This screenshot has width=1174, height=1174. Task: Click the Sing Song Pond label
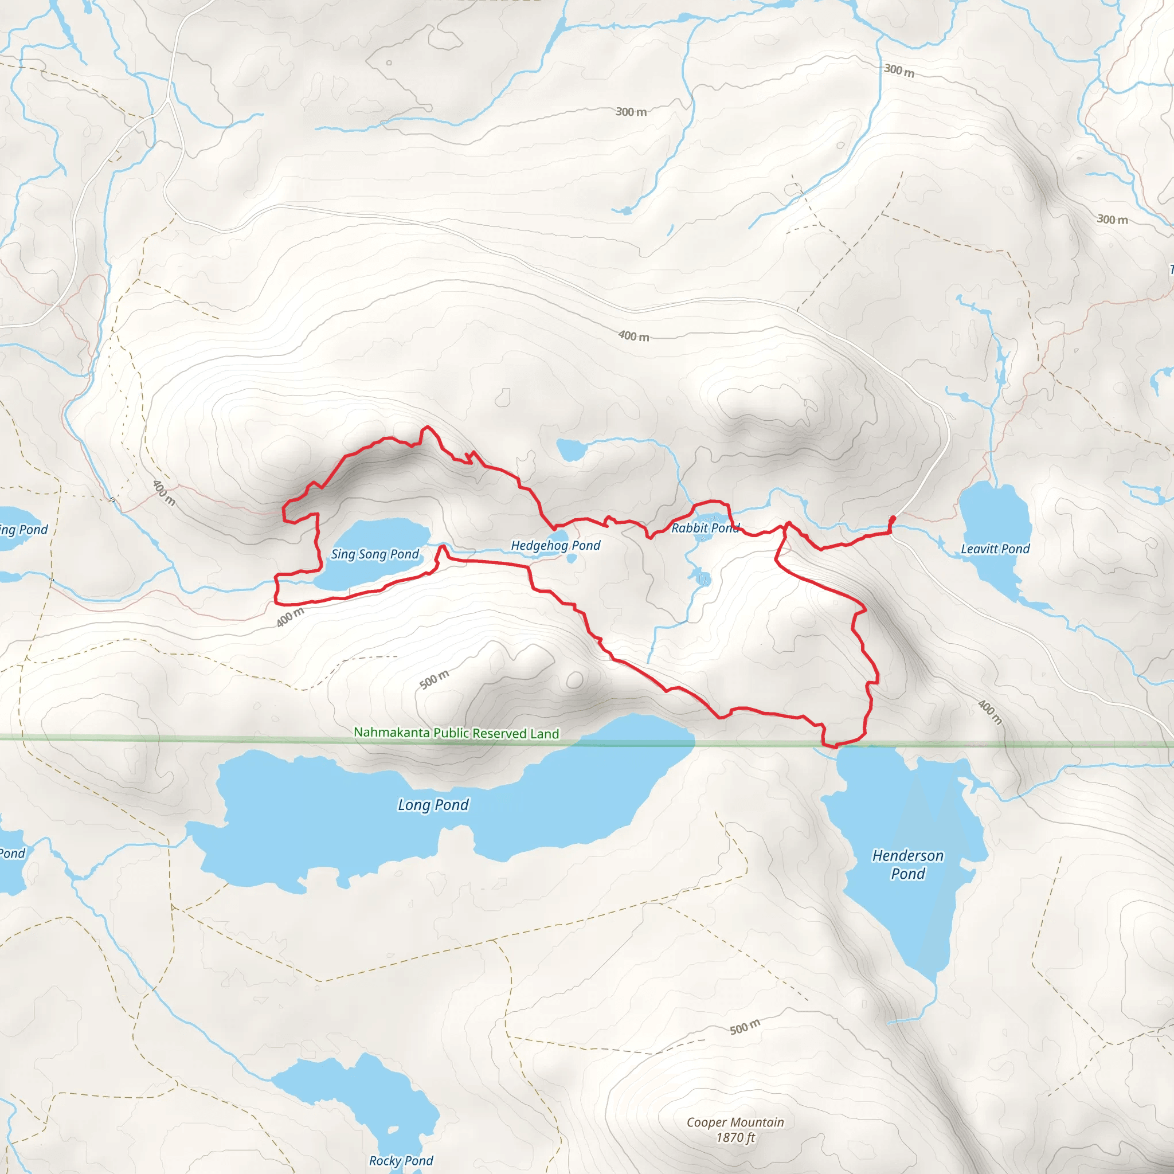(x=374, y=554)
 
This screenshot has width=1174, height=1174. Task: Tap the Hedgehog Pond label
(x=555, y=546)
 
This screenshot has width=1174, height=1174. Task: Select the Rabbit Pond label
(x=705, y=528)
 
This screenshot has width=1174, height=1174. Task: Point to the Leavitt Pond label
(x=995, y=549)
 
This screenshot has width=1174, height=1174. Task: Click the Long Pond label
(x=433, y=805)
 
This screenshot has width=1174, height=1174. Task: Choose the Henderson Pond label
(x=908, y=864)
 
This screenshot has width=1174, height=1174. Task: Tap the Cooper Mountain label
(x=735, y=1122)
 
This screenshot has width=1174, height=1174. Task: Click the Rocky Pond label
(x=401, y=1161)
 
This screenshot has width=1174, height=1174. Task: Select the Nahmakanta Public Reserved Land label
(x=456, y=733)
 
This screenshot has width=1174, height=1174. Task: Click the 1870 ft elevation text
(x=735, y=1137)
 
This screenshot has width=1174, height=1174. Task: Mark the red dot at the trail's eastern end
(x=893, y=518)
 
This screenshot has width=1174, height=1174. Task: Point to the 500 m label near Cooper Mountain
(x=745, y=1027)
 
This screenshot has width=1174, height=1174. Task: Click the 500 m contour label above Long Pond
(x=435, y=679)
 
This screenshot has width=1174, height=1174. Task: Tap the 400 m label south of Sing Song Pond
(x=290, y=617)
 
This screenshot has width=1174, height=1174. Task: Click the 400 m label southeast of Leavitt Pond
(x=990, y=712)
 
